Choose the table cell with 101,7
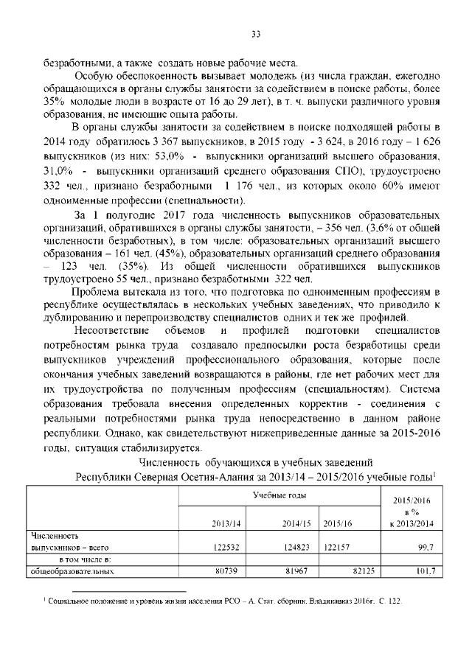(422, 571)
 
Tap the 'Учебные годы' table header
(278, 497)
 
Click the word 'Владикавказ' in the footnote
(333, 602)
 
